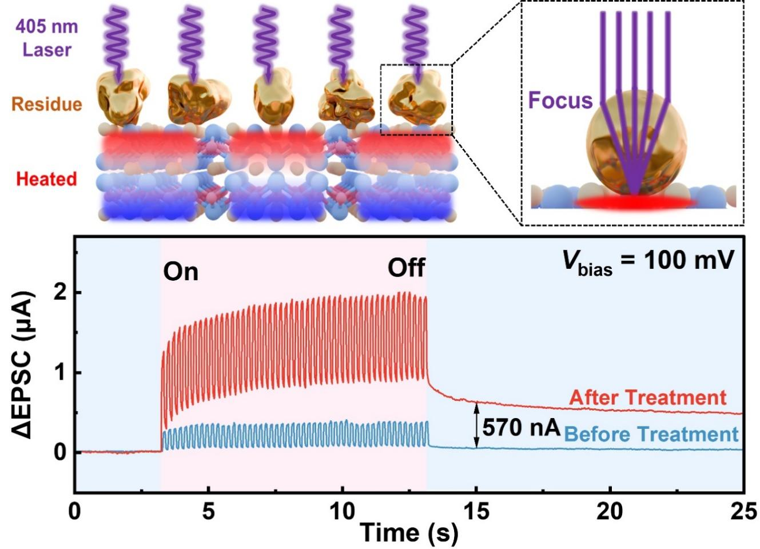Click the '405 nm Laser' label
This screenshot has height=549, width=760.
[46, 38]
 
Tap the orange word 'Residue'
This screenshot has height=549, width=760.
[46, 104]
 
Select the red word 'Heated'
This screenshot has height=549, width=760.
[46, 179]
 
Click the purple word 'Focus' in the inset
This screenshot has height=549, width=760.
[560, 101]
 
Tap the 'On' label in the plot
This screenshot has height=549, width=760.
[181, 272]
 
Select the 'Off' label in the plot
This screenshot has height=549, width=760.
[406, 267]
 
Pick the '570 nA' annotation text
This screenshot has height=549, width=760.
[521, 427]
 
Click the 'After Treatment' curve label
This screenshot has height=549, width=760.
[647, 397]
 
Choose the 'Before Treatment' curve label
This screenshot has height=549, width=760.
[651, 435]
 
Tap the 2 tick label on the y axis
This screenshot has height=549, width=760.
[59, 293]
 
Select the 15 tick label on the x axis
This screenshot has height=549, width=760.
[476, 511]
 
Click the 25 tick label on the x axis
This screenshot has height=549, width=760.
[743, 511]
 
